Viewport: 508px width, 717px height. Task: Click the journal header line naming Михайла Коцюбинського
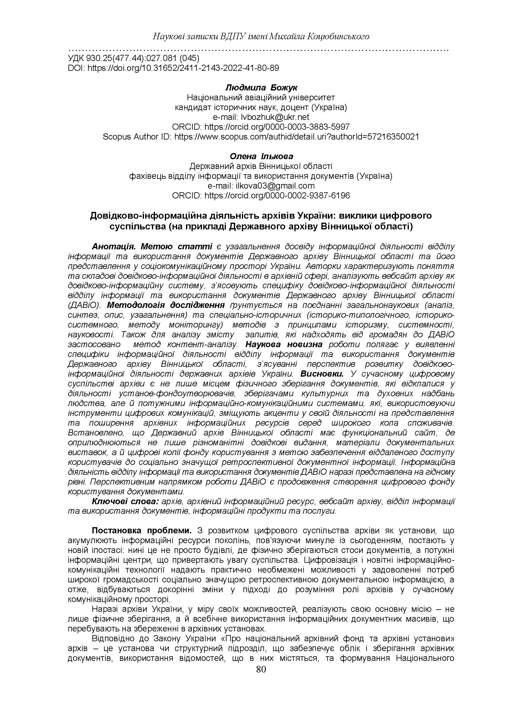pos(261,36)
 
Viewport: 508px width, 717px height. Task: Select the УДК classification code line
pos(134,58)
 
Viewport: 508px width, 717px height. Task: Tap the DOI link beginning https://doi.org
pos(183,68)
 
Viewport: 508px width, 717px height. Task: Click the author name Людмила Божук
pos(261,88)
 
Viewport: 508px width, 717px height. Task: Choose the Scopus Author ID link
pos(296,136)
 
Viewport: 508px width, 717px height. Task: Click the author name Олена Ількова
pos(261,156)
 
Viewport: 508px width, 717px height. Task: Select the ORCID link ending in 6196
pos(277,196)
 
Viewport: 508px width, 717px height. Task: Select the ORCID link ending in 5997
pos(277,127)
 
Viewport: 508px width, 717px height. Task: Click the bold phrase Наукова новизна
pos(284,344)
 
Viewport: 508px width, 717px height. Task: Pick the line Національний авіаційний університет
pos(261,98)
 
